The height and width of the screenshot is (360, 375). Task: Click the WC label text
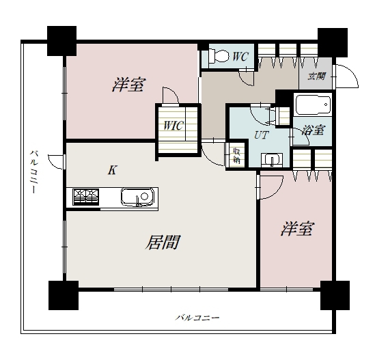(x=240, y=57)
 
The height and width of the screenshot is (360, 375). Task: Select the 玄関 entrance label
(x=316, y=77)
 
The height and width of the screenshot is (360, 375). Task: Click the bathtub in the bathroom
(x=314, y=105)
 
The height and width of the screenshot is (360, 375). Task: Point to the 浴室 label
(x=313, y=130)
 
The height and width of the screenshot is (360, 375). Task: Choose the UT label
(x=262, y=135)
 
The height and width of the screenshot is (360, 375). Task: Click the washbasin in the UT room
(x=272, y=160)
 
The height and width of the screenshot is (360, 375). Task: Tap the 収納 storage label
(x=236, y=156)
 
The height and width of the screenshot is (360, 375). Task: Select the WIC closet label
(x=173, y=125)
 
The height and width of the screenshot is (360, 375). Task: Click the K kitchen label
(x=112, y=170)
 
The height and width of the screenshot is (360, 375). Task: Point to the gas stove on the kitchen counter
(x=86, y=197)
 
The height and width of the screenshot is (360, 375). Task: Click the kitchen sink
(x=137, y=197)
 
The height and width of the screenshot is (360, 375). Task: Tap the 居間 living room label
(x=163, y=242)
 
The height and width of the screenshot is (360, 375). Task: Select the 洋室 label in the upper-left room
(x=129, y=85)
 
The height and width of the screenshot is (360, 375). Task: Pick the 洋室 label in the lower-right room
(x=297, y=229)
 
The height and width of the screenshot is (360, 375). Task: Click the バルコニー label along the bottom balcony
(x=197, y=318)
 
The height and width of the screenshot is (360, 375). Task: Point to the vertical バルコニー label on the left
(x=33, y=171)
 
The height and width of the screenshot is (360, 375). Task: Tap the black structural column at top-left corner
(x=61, y=41)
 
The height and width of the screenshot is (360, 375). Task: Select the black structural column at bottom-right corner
(x=335, y=295)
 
